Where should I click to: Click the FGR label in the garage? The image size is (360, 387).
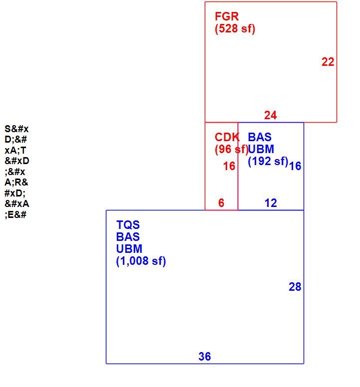[227, 16]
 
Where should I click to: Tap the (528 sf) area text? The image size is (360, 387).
[235, 28]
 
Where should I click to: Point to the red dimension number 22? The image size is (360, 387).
[328, 62]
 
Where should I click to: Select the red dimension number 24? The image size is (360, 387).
[270, 115]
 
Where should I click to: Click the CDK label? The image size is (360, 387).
[227, 137]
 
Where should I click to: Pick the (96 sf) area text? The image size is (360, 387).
[232, 149]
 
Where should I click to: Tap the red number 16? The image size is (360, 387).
[229, 166]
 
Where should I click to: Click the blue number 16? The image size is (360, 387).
[295, 166]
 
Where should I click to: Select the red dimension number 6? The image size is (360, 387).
[221, 203]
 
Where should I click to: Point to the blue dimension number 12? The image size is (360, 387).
[271, 203]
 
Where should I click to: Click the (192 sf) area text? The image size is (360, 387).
[268, 161]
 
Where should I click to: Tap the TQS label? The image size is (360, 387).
[128, 225]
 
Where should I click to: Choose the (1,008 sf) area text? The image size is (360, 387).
[141, 261]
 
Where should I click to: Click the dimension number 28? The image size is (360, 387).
[295, 287]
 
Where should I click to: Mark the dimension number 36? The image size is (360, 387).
[205, 357]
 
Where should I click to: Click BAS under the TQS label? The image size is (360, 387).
[128, 237]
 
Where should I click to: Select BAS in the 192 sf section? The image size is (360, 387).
[260, 137]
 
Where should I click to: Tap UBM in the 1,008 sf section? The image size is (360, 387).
[129, 249]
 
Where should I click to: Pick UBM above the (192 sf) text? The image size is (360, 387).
[261, 149]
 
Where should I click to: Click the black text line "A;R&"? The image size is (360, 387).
[16, 183]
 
